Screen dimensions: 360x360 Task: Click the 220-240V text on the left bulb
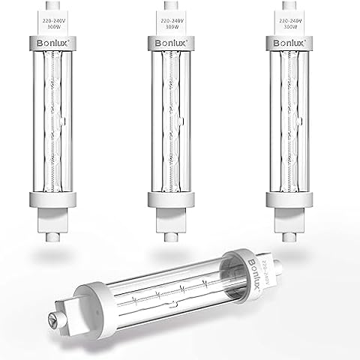[x=49, y=24]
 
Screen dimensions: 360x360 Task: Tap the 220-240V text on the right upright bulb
[x=301, y=24]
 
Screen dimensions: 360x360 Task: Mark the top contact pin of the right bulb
[x=301, y=6]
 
